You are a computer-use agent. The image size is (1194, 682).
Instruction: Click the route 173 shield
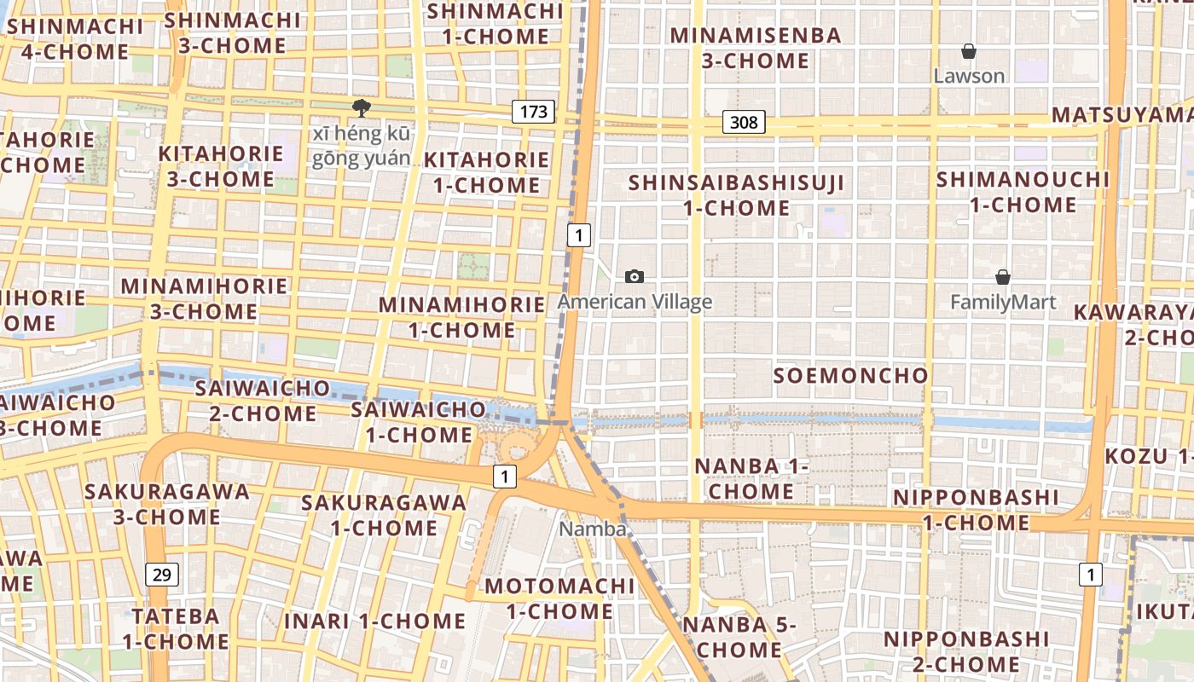click(x=533, y=111)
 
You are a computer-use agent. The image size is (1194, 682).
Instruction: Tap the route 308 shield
click(x=744, y=123)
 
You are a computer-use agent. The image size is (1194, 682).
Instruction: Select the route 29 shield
click(x=162, y=575)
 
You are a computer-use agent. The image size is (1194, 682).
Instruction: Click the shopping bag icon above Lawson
click(x=969, y=52)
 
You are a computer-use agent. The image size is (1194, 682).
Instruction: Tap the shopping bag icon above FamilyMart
click(x=1003, y=277)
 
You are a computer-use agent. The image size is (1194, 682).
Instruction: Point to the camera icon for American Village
click(x=635, y=276)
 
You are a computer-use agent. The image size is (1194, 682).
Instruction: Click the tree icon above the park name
click(x=362, y=107)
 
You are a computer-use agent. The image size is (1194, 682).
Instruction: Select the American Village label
click(x=635, y=302)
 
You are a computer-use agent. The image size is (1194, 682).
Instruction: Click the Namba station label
click(x=592, y=529)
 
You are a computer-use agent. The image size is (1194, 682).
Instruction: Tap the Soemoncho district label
click(x=851, y=375)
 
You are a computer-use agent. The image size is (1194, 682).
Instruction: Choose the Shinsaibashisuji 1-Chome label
click(x=737, y=195)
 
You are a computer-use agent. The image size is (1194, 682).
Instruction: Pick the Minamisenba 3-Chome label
click(x=756, y=48)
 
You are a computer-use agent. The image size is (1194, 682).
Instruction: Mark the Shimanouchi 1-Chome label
click(x=1023, y=193)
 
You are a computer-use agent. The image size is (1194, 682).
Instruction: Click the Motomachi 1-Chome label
click(x=559, y=598)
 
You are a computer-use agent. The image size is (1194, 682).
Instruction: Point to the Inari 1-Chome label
click(x=375, y=621)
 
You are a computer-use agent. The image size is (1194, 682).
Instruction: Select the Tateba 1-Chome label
click(x=176, y=628)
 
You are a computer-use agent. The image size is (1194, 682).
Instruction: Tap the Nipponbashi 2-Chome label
click(x=966, y=651)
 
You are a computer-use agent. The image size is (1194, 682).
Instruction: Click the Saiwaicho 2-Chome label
click(x=262, y=401)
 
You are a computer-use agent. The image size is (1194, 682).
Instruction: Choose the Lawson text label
click(x=969, y=76)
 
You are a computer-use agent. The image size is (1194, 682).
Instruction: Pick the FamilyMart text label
click(x=1003, y=303)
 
